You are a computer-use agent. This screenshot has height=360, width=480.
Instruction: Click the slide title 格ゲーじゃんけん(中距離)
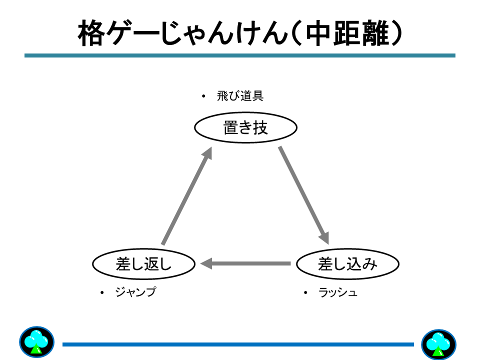point(240,34)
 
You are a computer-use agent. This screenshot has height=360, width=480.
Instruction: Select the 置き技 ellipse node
point(245,128)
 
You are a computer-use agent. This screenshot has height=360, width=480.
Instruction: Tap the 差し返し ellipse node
point(143,263)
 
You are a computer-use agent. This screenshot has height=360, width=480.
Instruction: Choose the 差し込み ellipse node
point(347,263)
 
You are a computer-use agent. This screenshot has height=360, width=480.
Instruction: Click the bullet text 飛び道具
point(240,96)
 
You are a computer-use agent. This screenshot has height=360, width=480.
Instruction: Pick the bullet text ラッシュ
point(338,292)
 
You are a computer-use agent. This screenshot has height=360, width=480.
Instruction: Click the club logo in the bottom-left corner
point(36,342)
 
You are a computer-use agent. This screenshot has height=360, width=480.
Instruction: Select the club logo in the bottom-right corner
point(438,344)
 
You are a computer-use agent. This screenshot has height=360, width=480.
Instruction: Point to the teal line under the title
point(240,55)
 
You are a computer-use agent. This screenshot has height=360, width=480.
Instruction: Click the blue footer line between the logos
point(238,344)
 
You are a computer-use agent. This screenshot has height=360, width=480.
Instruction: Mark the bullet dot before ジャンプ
point(101,292)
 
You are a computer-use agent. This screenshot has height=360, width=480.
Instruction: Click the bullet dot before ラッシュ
point(305,292)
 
